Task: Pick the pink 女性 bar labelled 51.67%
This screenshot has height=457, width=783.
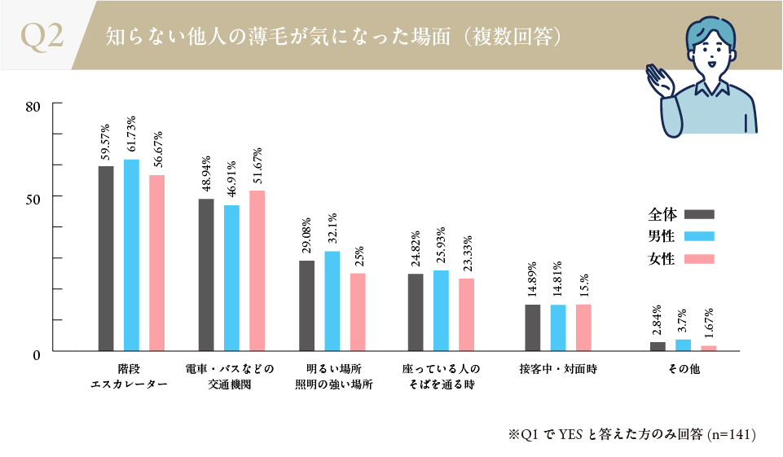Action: (x=257, y=270)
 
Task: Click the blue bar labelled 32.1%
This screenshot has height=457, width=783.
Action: (x=332, y=301)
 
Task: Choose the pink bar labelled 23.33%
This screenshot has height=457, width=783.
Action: (x=467, y=314)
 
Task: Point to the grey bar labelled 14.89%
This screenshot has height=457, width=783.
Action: (x=533, y=327)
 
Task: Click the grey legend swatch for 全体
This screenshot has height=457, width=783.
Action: (x=699, y=215)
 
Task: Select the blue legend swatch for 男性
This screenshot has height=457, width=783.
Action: (x=699, y=237)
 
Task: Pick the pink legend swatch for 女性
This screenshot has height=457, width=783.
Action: (x=699, y=259)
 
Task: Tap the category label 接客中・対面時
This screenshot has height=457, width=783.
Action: (x=558, y=369)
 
